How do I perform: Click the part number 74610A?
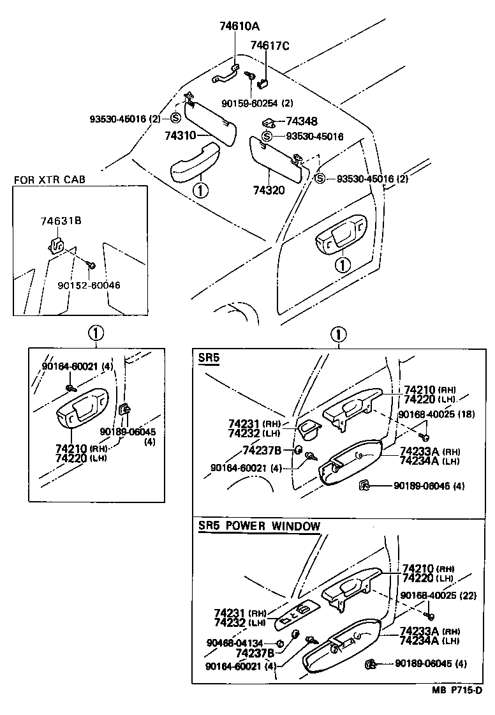point(236,26)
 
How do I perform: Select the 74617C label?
point(269,45)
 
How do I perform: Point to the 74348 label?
point(302,121)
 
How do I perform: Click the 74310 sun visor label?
point(179,135)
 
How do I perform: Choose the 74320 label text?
point(269,190)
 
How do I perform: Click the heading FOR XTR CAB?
point(50,179)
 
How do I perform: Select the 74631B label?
point(61,221)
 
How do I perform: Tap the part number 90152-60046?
point(89,285)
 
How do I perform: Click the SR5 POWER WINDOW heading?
point(259,526)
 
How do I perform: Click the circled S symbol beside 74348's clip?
point(267,137)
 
